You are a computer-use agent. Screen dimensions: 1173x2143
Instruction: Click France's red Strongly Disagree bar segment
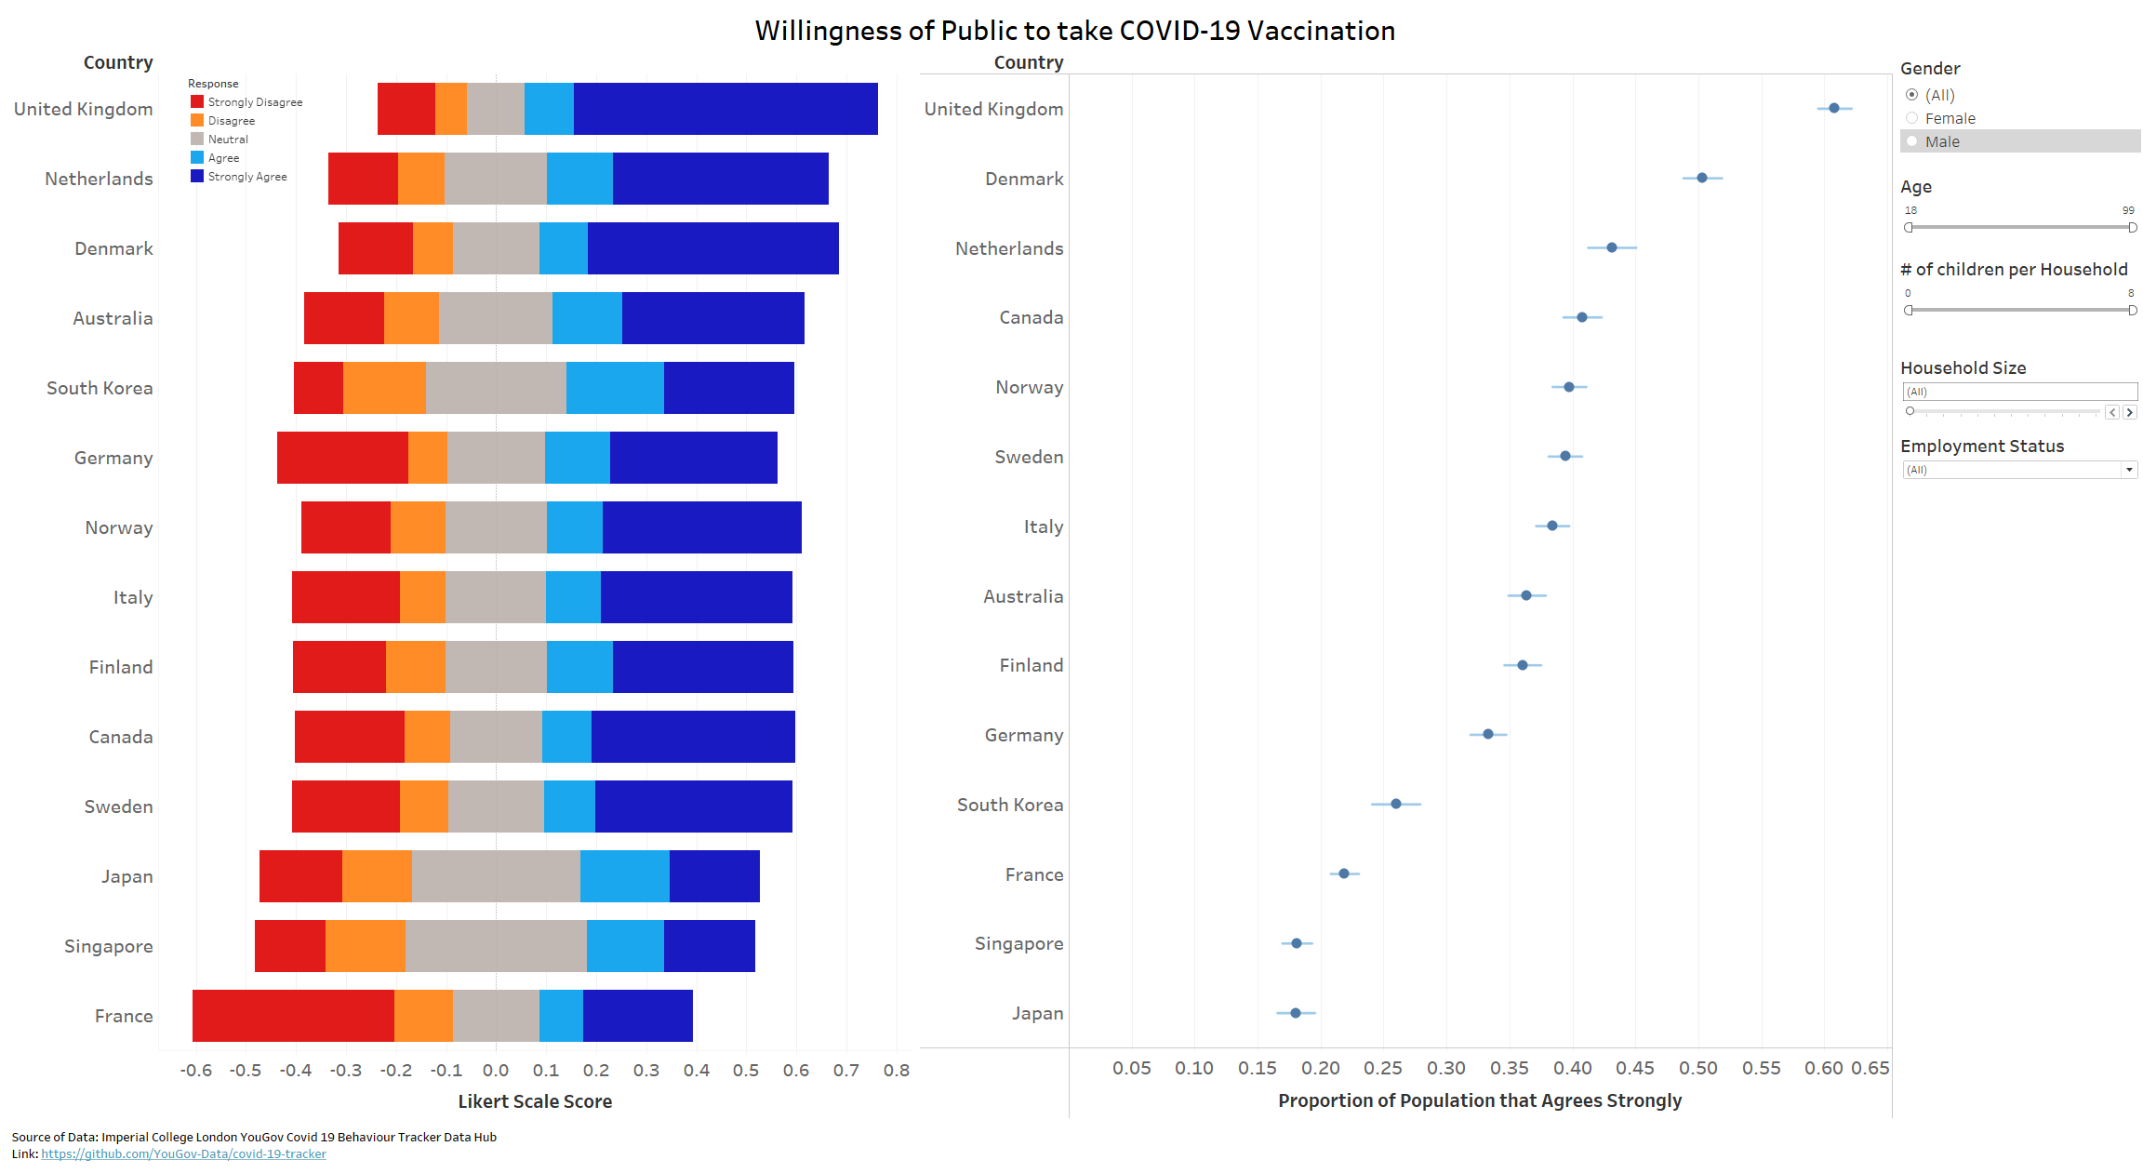point(293,1016)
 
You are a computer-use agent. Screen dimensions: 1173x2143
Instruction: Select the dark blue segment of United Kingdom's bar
point(725,109)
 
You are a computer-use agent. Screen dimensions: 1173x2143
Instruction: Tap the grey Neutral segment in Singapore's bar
point(496,946)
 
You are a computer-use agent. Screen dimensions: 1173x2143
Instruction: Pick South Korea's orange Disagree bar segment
point(384,388)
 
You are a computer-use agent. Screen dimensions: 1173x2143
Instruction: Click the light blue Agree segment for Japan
point(624,876)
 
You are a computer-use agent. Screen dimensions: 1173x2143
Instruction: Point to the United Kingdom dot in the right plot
point(1833,108)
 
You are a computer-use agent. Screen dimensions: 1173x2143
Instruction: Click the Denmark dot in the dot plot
point(1701,178)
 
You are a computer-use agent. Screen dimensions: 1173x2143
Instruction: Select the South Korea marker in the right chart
point(1395,804)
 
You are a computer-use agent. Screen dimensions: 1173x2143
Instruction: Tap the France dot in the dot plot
point(1343,873)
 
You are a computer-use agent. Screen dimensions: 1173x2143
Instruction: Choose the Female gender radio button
point(1912,118)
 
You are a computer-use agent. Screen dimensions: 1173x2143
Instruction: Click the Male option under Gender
point(1912,141)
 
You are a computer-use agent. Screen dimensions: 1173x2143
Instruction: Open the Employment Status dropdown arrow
point(2129,470)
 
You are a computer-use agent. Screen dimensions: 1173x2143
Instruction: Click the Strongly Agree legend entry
point(246,177)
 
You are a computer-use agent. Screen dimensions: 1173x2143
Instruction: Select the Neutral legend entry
point(228,140)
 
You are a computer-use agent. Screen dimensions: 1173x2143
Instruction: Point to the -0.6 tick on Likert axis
point(195,1070)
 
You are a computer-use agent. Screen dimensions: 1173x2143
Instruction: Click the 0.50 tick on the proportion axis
point(1698,1068)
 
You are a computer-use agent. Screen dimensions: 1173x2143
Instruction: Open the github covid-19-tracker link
point(183,1153)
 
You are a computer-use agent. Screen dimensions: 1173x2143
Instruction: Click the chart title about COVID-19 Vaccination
point(1074,31)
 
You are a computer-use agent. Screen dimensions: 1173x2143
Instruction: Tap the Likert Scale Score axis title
point(535,1101)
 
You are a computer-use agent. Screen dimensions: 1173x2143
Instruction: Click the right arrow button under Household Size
point(2130,412)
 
